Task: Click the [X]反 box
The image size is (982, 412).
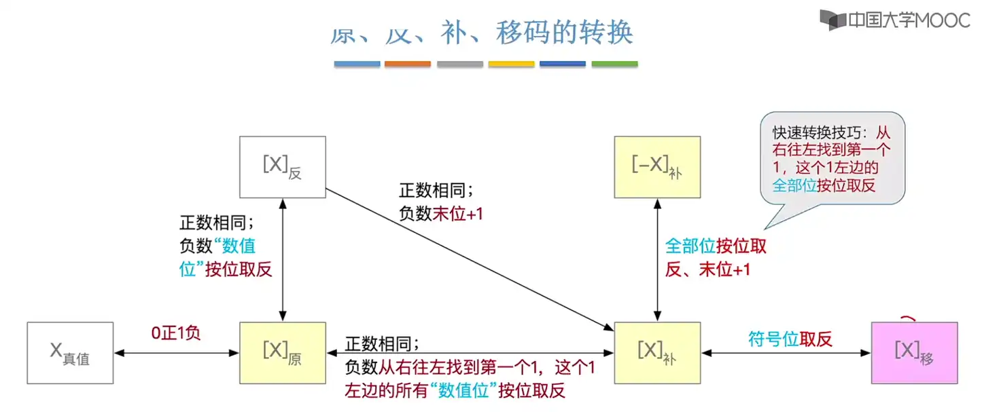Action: click(282, 167)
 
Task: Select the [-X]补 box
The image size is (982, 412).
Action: click(657, 167)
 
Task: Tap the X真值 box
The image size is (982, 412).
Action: click(70, 352)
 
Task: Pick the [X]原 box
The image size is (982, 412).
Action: click(282, 352)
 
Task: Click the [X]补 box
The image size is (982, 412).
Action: click(657, 352)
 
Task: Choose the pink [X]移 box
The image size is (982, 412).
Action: click(913, 352)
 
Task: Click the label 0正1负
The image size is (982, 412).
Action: click(175, 335)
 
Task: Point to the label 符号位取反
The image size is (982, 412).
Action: click(790, 339)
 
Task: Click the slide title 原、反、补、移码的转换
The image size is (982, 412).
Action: click(483, 32)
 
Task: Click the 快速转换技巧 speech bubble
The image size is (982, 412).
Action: click(833, 159)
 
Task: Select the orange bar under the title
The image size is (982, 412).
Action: click(408, 64)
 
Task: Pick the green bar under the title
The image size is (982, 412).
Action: click(614, 64)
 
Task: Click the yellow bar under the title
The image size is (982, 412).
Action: click(511, 64)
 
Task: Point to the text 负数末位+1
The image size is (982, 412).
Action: click(441, 214)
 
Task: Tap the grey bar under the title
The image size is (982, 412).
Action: click(459, 64)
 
